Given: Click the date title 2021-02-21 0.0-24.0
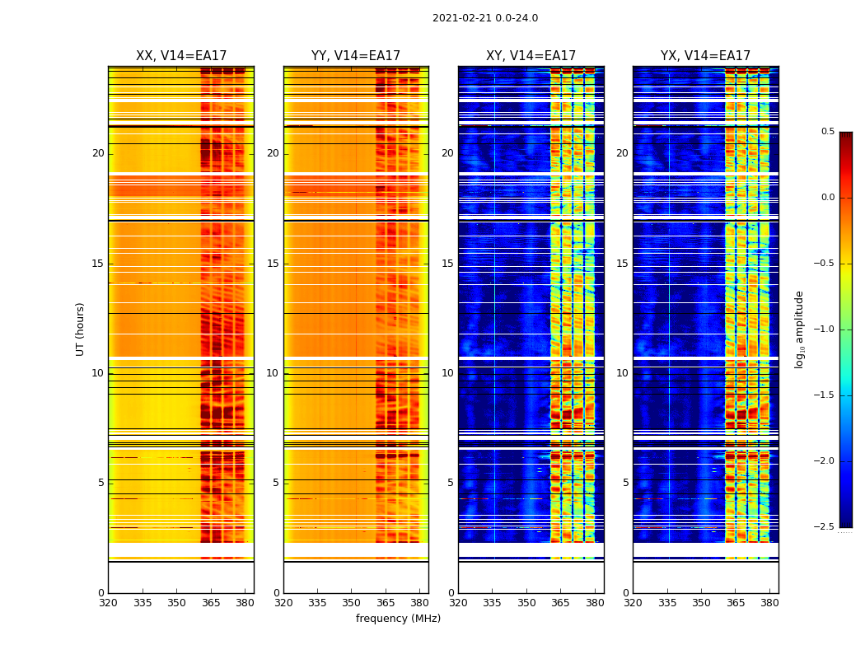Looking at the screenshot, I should (485, 18).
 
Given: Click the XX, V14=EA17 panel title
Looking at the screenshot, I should (181, 56).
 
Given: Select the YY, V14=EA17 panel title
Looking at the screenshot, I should (356, 56).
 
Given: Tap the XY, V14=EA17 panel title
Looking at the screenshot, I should (531, 56).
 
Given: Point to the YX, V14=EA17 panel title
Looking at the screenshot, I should (705, 56).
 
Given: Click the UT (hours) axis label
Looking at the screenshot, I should (80, 329).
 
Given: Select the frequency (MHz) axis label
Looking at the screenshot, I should (398, 619).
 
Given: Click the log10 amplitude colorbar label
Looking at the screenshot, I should (798, 329).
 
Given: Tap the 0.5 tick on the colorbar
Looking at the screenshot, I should (827, 132).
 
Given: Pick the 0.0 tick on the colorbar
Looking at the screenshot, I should (827, 198).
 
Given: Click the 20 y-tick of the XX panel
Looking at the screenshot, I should (98, 153).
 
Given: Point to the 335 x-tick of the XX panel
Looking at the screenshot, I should (143, 602).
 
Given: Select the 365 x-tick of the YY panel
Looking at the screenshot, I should (386, 602).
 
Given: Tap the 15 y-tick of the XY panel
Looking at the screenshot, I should (447, 264).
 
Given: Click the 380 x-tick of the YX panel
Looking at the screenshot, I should (769, 602).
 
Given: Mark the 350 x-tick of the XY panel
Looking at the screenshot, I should (526, 602).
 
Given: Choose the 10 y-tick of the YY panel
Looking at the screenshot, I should (273, 373).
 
